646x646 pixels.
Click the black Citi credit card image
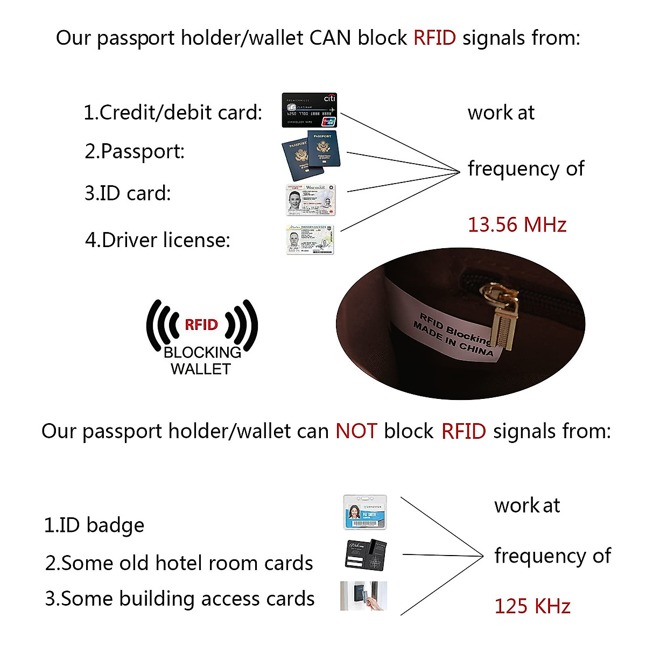click(x=310, y=110)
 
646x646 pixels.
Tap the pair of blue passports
click(x=311, y=155)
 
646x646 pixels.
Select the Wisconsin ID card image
click(x=310, y=200)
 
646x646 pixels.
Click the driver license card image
click(x=310, y=240)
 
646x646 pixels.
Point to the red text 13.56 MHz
click(x=517, y=224)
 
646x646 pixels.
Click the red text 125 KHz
click(x=532, y=606)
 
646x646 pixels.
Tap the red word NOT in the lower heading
click(x=356, y=431)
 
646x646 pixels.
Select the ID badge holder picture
click(x=365, y=512)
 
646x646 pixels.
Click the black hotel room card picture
click(x=366, y=555)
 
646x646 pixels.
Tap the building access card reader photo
click(x=363, y=596)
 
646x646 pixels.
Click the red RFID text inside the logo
click(x=201, y=325)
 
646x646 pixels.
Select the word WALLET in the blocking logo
click(x=201, y=369)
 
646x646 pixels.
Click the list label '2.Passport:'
click(x=135, y=151)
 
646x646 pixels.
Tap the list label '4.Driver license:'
click(x=158, y=240)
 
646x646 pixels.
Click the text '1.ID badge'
click(x=94, y=525)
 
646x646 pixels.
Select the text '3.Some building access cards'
click(x=180, y=599)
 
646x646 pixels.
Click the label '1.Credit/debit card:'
click(x=173, y=113)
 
